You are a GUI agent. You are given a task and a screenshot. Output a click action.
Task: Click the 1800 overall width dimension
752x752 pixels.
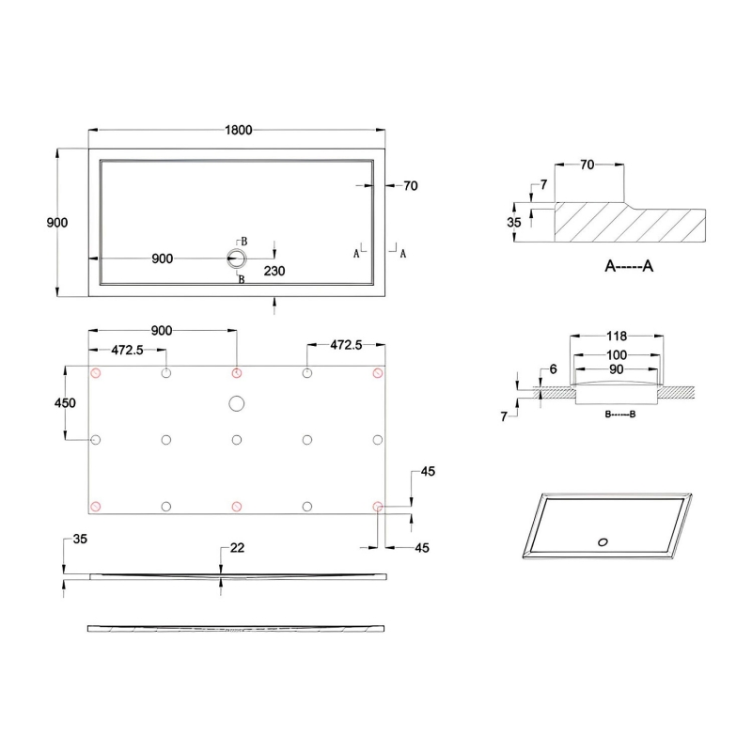(x=238, y=131)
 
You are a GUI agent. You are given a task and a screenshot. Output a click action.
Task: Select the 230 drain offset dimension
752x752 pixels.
(x=274, y=271)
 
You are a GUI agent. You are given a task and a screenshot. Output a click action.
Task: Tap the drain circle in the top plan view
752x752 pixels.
(x=236, y=258)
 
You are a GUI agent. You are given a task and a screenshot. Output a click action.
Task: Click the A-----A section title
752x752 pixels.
(x=629, y=267)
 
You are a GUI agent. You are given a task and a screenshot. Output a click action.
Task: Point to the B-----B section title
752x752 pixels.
(x=619, y=414)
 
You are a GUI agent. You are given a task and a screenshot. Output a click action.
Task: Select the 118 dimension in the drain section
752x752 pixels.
(x=617, y=336)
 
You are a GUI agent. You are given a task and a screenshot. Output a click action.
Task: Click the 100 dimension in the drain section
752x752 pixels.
(x=617, y=354)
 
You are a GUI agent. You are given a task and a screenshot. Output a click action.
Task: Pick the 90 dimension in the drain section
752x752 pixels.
(x=617, y=369)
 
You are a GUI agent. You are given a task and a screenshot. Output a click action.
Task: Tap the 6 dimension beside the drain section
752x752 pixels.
(x=554, y=369)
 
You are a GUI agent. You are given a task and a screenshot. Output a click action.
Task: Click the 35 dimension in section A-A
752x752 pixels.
(x=513, y=223)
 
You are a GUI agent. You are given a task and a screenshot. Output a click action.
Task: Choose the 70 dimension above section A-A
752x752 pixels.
(x=587, y=165)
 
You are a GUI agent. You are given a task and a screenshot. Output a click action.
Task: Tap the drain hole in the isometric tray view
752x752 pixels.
(x=603, y=541)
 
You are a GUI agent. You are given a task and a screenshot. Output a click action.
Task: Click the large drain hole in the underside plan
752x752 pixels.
(x=236, y=403)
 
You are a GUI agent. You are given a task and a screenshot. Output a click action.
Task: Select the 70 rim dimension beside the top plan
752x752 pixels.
(x=410, y=186)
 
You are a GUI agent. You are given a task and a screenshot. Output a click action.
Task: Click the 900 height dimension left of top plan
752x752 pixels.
(x=57, y=223)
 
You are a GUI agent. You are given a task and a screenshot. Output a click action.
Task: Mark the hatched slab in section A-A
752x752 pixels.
(x=630, y=224)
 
